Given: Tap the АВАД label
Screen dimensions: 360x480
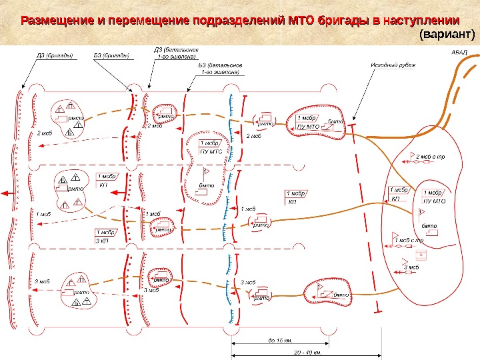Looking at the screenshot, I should pos(460,52).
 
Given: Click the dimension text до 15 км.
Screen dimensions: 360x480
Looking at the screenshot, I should pos(280,341).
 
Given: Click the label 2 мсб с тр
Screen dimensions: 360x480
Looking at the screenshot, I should pos(431,157).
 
